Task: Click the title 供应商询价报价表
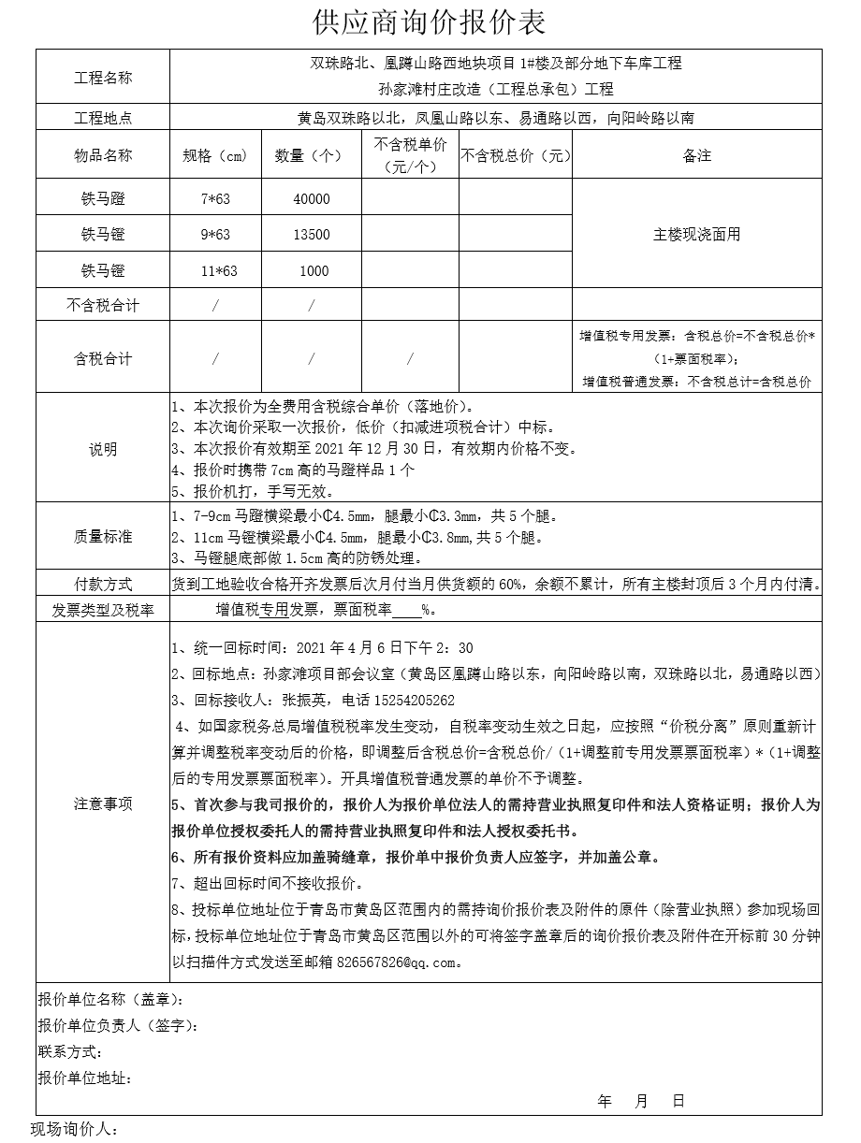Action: [x=430, y=22]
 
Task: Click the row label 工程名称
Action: [x=103, y=78]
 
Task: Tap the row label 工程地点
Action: [x=103, y=118]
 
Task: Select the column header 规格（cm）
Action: [x=215, y=155]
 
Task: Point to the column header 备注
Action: [x=696, y=155]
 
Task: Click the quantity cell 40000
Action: [x=311, y=199]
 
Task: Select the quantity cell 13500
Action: [x=311, y=235]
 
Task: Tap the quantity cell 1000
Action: [x=314, y=271]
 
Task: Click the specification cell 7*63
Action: [x=215, y=199]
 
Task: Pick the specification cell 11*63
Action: [x=219, y=271]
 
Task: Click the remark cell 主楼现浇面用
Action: [x=696, y=235]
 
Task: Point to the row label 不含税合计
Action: [x=103, y=305]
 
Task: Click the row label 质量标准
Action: [x=103, y=536]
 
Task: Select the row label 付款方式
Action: [x=103, y=584]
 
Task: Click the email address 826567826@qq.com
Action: [x=400, y=962]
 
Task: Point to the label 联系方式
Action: [x=68, y=1052]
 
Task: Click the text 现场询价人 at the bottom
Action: [x=75, y=1130]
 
